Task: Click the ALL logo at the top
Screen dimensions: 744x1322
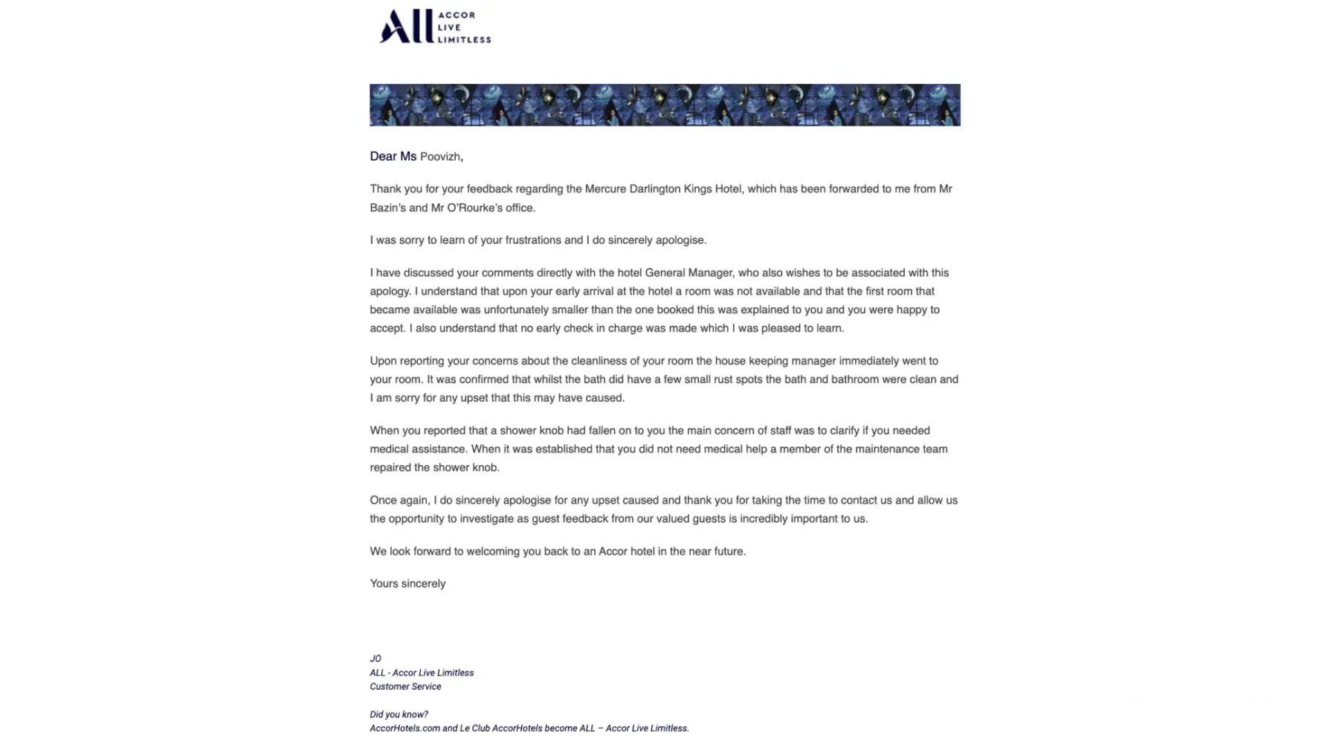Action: tap(434, 27)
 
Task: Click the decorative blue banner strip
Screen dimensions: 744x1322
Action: tap(665, 105)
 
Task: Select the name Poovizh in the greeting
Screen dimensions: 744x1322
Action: tap(440, 157)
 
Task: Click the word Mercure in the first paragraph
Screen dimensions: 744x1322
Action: tap(605, 189)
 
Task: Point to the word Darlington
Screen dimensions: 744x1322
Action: tap(655, 189)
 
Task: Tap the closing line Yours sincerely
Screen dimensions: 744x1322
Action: tap(407, 584)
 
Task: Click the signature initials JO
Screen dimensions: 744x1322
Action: tap(375, 658)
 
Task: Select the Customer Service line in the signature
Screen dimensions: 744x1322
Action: tap(405, 687)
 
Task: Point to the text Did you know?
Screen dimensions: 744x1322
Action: tap(399, 714)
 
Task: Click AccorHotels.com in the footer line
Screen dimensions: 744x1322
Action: tap(404, 728)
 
